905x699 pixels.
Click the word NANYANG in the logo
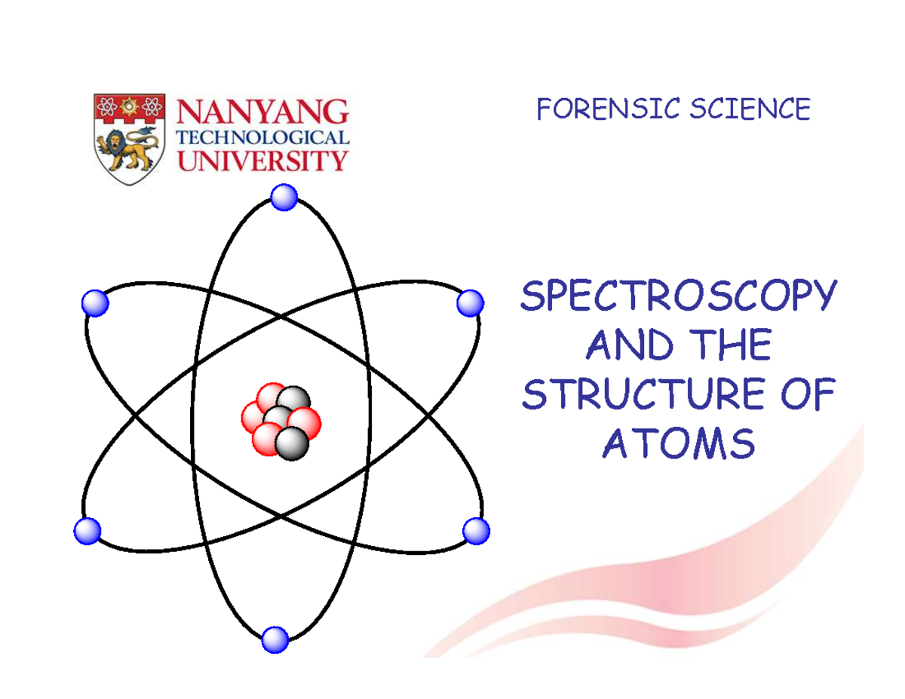point(262,112)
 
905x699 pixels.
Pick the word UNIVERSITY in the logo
point(262,160)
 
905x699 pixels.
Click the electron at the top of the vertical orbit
point(284,198)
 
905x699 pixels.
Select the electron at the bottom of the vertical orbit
point(275,640)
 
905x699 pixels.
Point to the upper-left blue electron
point(95,303)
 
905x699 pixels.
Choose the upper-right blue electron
point(470,303)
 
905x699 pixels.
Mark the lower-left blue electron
point(87,531)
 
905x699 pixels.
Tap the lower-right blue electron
point(476,531)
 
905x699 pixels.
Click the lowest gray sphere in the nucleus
point(292,443)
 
